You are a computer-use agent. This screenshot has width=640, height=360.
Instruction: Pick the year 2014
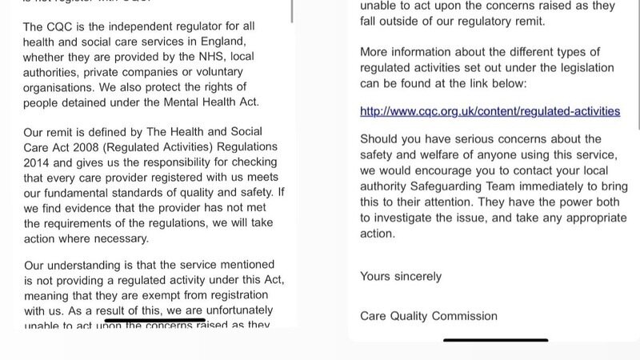coord(39,161)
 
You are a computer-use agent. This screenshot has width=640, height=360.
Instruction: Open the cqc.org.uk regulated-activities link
coord(490,111)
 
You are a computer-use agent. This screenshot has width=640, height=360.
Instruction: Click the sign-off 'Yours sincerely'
coord(401,277)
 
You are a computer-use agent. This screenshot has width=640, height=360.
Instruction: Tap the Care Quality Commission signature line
coord(429,315)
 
